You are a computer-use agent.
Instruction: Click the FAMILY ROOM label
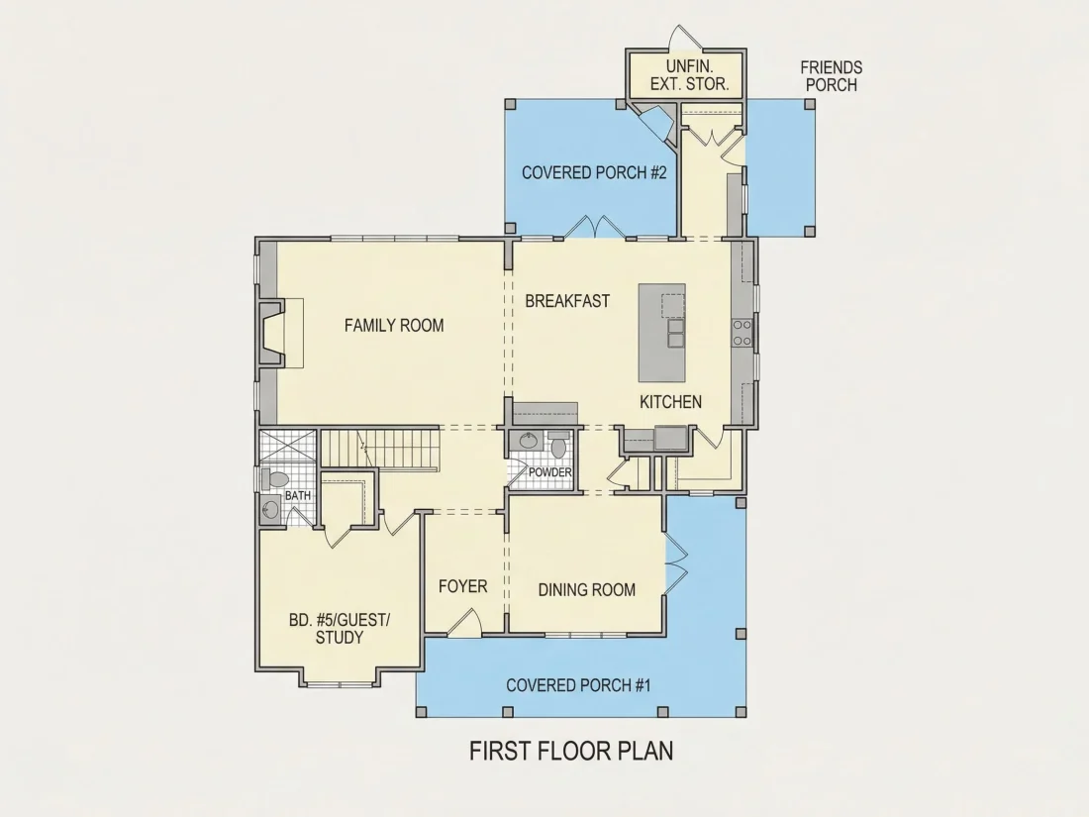point(394,325)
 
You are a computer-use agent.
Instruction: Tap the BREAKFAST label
point(567,301)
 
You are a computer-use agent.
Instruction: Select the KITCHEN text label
point(670,401)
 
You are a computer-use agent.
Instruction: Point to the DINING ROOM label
point(587,590)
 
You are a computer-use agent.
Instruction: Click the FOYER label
point(463,586)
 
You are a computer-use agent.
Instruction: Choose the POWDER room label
point(550,472)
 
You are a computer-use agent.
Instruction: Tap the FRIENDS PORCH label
point(832,76)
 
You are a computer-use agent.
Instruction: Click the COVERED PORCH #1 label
point(578,685)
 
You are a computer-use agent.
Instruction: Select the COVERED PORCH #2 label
point(594,172)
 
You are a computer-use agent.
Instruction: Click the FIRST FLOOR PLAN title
point(571,751)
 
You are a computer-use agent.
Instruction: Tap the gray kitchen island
point(662,332)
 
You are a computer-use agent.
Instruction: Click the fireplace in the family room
point(272,332)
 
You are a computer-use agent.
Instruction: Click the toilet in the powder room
point(558,446)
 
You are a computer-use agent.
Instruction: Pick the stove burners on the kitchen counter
point(742,332)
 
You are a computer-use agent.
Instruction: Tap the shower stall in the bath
point(287,446)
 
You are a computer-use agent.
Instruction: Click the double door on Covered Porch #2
point(595,227)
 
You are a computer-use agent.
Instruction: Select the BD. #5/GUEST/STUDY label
point(340,628)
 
